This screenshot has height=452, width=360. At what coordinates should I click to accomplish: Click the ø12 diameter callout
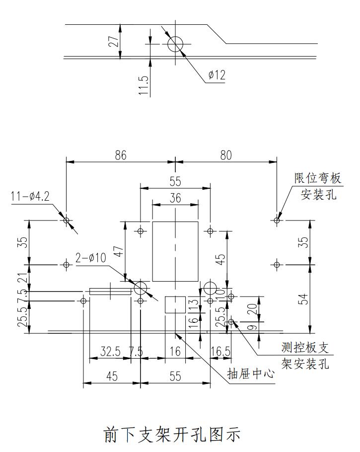tap(217, 75)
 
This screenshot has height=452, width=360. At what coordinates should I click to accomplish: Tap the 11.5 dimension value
tap(144, 85)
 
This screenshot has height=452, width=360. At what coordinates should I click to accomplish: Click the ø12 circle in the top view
tap(175, 44)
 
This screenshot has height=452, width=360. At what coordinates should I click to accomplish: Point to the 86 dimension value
tap(121, 155)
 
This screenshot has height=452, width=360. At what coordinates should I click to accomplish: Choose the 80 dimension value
tap(226, 155)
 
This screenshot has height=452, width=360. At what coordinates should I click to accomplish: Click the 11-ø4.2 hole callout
tap(30, 197)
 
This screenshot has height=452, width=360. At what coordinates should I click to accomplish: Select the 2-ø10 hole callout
tap(91, 258)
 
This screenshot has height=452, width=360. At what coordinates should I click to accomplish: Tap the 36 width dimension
tap(175, 198)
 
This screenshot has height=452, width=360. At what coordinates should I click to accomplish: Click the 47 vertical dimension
tap(119, 250)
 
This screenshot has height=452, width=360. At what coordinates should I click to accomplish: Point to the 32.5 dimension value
tap(110, 352)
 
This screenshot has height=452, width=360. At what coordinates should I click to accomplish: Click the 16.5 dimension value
tap(220, 352)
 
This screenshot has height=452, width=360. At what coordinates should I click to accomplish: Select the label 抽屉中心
tap(250, 374)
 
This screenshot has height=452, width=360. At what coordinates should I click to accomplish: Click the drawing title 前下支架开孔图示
tap(172, 434)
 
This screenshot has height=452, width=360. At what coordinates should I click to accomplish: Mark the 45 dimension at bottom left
tap(112, 376)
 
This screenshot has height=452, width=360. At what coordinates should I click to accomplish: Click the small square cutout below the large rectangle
tap(175, 304)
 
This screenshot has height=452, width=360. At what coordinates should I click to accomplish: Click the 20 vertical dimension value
tap(252, 309)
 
